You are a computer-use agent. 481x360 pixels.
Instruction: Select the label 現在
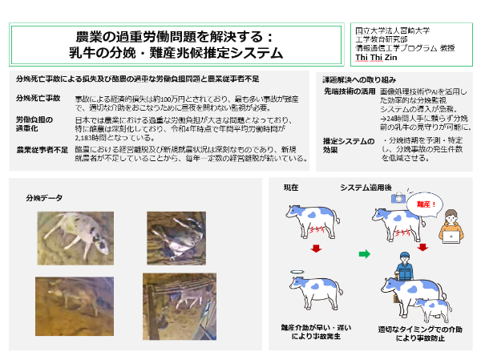(x=292, y=188)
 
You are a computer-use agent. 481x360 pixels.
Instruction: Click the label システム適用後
(x=368, y=188)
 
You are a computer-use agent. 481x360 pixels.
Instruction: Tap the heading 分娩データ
(x=43, y=197)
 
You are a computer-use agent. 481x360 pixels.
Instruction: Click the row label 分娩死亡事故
(x=38, y=98)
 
